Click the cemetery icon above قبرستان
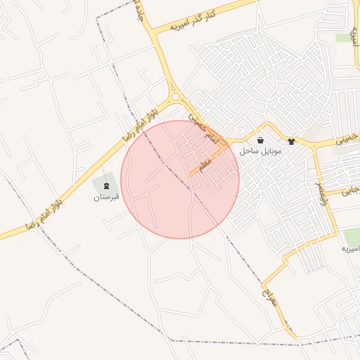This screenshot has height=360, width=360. (107, 186)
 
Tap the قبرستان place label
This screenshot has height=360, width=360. (107, 198)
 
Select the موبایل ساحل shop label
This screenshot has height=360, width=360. (260, 151)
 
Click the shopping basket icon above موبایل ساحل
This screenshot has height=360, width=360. (261, 141)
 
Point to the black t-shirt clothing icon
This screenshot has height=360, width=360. (290, 141)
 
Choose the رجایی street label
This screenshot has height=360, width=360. (351, 191)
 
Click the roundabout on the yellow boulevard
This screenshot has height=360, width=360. (174, 97)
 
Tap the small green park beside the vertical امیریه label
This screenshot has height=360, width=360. (343, 38)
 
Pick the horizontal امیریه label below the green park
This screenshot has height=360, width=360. (350, 250)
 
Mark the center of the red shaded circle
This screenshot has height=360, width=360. (180, 179)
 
